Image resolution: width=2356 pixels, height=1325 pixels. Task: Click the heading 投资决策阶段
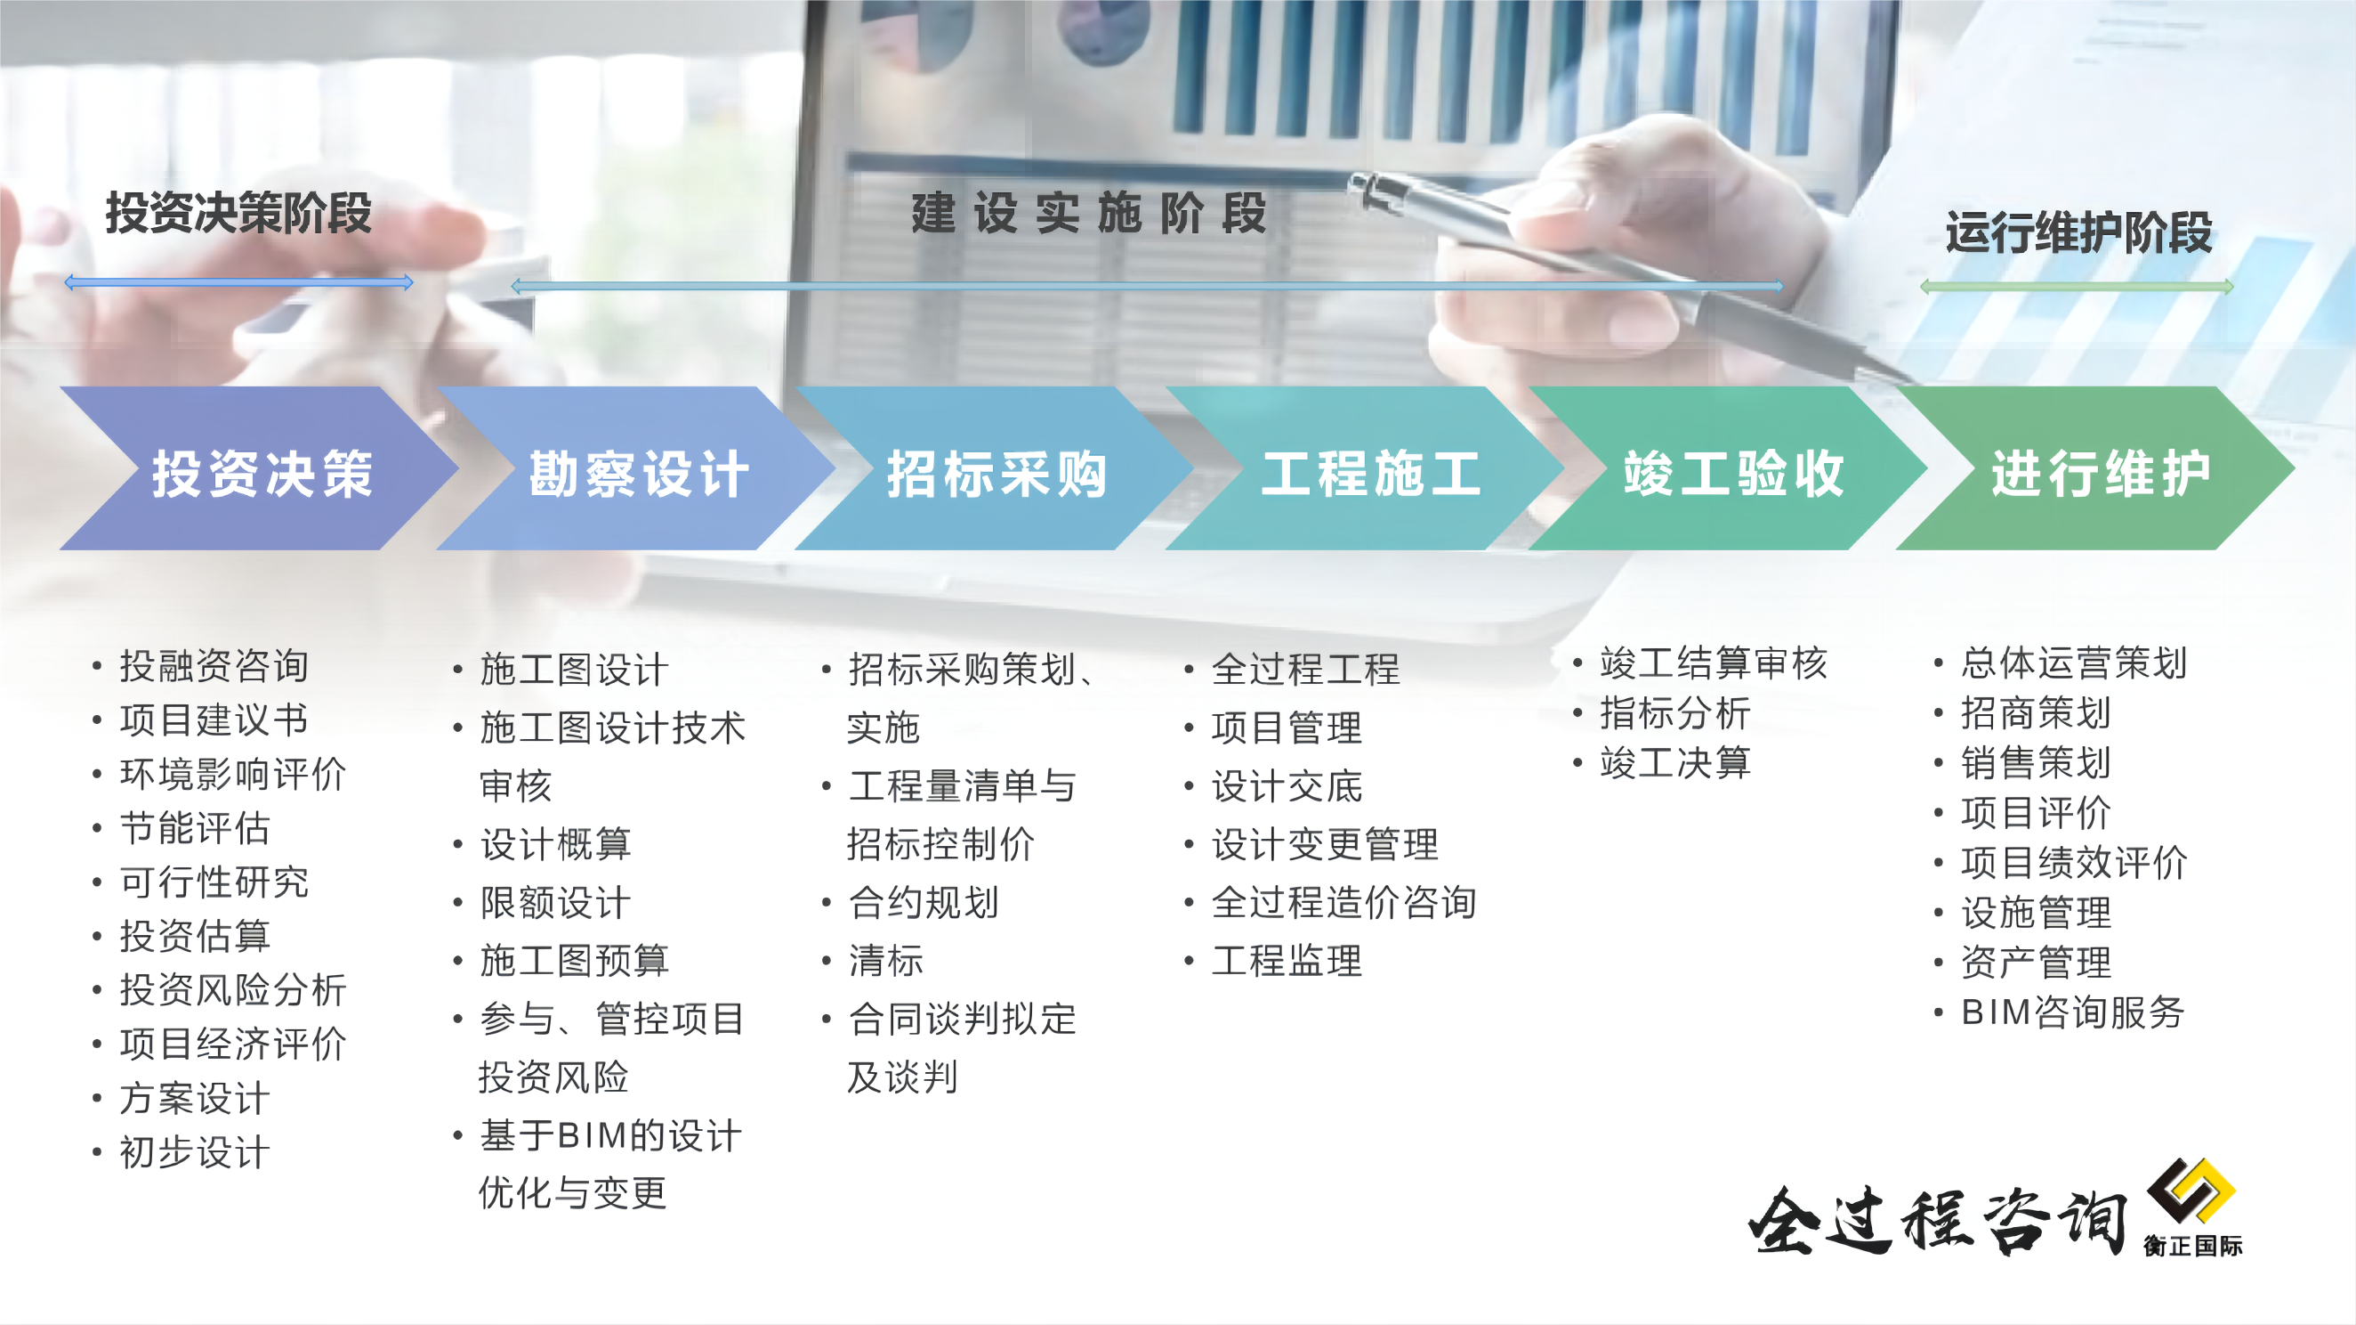pos(238,213)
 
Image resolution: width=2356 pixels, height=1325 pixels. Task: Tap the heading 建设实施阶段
pos(1088,213)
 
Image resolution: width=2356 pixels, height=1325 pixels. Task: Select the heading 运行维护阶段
pos(2078,232)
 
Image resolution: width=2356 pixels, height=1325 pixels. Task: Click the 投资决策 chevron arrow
pos(259,468)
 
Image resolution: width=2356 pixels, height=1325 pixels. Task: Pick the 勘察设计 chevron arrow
pos(636,468)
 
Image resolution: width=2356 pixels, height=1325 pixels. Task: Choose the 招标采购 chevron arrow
pos(995,468)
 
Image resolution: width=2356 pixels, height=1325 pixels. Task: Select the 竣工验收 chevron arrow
pos(1730,468)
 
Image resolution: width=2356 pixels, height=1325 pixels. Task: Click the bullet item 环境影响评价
pos(233,774)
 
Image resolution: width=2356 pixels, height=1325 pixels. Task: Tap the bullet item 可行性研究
pos(214,882)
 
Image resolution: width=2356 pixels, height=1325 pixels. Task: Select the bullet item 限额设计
pos(555,903)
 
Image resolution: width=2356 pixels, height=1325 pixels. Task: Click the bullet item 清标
pos(885,961)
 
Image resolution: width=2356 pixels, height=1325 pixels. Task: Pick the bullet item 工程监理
pos(1287,961)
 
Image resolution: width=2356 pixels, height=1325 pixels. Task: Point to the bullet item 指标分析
pos(1675,713)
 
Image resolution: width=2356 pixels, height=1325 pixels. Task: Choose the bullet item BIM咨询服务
pos(2072,1012)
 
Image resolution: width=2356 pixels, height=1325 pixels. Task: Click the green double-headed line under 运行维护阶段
pos(2077,288)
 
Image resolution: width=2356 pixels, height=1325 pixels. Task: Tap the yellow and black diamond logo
pos(2191,1191)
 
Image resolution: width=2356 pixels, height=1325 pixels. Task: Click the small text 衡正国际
pos(2192,1246)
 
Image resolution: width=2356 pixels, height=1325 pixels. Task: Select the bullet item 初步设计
pos(195,1152)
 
